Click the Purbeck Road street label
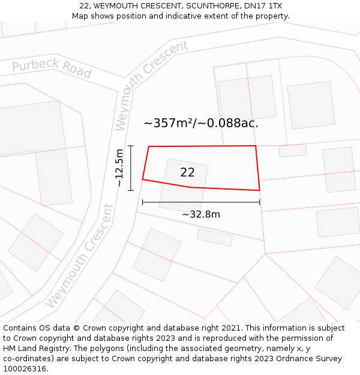tap(52, 70)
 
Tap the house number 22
tap(187, 172)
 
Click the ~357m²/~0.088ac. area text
tap(201, 124)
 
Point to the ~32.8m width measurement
tap(201, 214)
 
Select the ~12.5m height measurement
tap(119, 167)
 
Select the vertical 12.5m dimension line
tap(131, 167)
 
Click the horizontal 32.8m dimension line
tap(201, 203)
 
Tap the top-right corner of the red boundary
tap(256, 146)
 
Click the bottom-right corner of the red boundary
tap(259, 190)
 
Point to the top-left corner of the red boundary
tap(149, 146)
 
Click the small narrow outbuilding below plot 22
tap(215, 238)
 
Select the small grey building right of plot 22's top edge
tap(293, 150)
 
